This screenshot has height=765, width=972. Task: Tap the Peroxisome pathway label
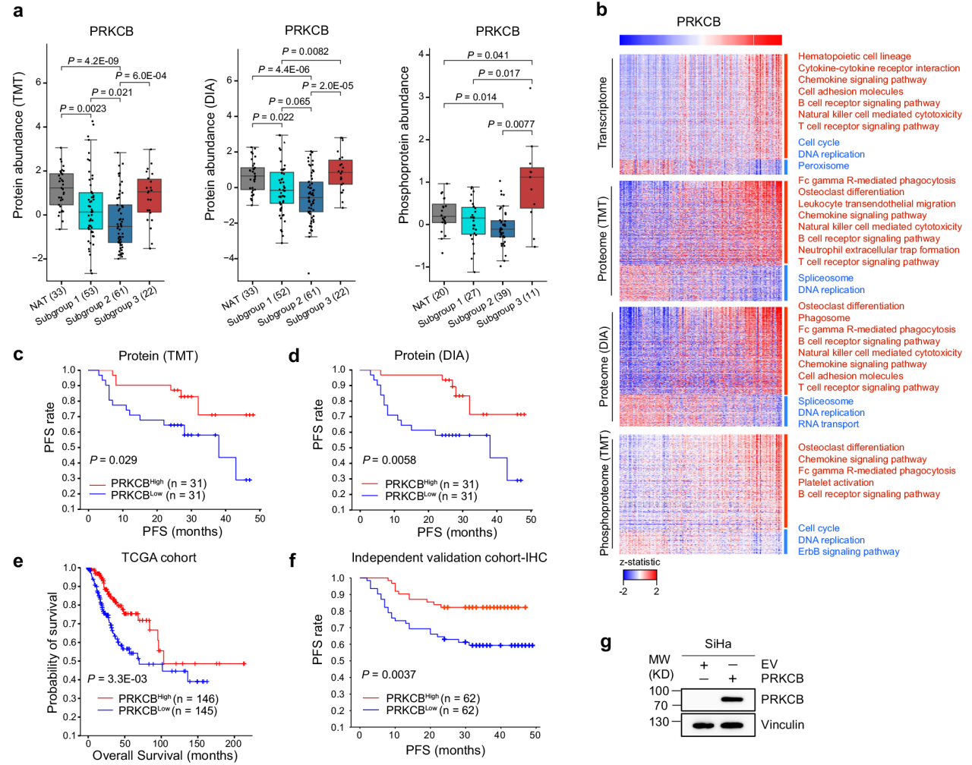(x=823, y=165)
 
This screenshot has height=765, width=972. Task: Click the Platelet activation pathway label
(x=835, y=483)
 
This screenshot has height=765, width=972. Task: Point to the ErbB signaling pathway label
(x=848, y=552)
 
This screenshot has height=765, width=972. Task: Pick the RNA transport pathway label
(x=828, y=424)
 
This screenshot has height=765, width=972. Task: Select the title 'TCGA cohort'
(x=159, y=558)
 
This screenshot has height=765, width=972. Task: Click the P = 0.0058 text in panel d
(x=389, y=460)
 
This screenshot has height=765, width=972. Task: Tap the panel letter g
(x=605, y=643)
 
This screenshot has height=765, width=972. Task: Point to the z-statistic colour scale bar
(x=639, y=576)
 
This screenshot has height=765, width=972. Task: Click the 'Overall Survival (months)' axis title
(x=165, y=755)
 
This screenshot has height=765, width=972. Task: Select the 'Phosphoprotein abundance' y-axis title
(x=405, y=145)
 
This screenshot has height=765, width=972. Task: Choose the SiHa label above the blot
(x=718, y=644)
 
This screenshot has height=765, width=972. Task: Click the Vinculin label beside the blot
(x=782, y=725)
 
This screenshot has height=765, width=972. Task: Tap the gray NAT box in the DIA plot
(x=252, y=178)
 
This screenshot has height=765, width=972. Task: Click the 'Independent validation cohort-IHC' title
(x=449, y=558)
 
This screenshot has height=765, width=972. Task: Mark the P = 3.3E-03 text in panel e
(x=117, y=678)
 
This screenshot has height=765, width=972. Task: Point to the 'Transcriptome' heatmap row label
(x=604, y=112)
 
